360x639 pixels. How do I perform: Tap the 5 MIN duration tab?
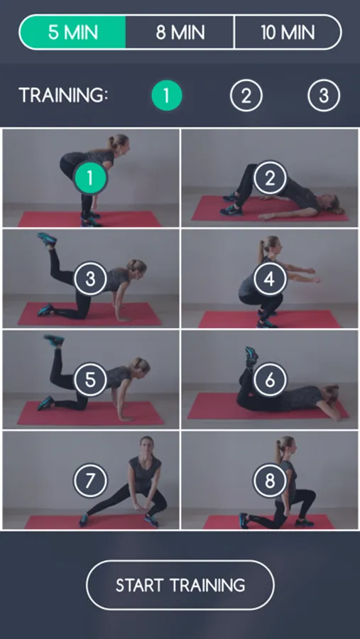[72, 32]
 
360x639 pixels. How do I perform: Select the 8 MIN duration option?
[180, 32]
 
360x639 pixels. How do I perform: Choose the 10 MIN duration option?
[288, 32]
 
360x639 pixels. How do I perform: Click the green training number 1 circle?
[166, 95]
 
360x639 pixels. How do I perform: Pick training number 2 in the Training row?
[246, 95]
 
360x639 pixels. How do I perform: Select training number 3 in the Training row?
[324, 95]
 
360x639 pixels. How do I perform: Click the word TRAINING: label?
[64, 95]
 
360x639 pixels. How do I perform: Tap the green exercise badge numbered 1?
[90, 177]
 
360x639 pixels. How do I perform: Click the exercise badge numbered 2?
[270, 177]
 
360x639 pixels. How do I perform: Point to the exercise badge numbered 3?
[90, 279]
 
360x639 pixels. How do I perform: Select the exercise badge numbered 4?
[270, 279]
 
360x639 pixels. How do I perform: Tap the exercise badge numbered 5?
[90, 380]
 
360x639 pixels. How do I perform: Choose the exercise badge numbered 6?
[270, 380]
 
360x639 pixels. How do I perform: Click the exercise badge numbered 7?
[90, 481]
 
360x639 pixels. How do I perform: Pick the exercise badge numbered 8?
[270, 481]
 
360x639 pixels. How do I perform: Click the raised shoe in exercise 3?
[47, 239]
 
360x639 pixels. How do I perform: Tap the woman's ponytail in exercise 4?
[261, 249]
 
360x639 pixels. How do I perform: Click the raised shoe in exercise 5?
[54, 339]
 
